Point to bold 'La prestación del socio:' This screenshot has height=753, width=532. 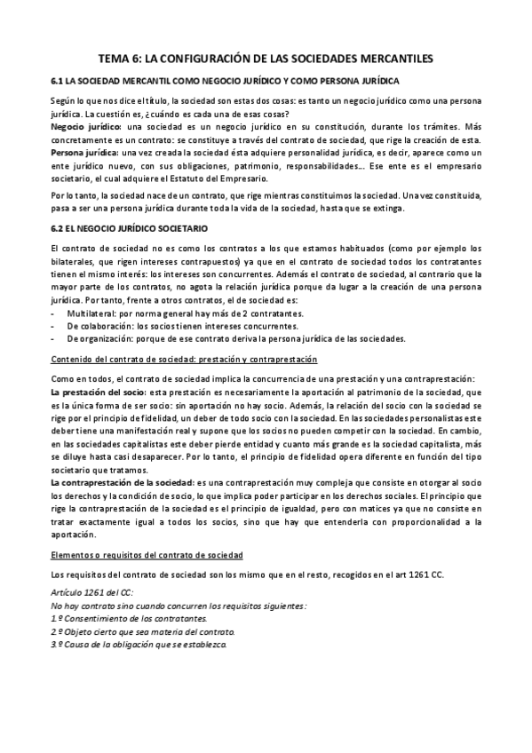tap(99, 392)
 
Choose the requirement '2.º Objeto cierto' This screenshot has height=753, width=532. tap(144, 630)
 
